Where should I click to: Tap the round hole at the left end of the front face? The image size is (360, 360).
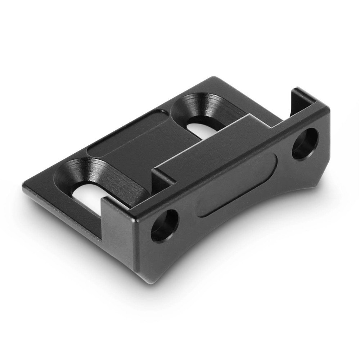(165, 226)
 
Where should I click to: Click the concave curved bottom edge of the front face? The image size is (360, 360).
(230, 245)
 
